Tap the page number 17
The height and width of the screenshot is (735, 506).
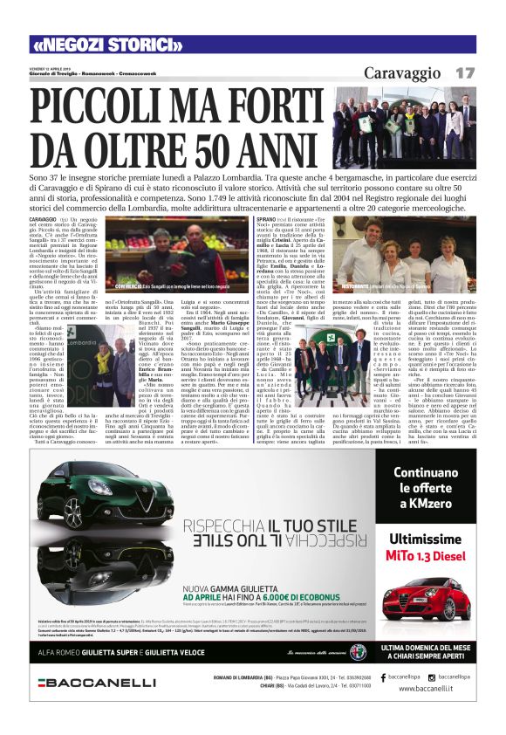464,72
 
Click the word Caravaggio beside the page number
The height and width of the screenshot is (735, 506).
403,72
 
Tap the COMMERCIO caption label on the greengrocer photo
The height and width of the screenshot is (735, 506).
103,286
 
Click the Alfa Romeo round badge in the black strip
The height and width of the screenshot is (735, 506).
358,650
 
